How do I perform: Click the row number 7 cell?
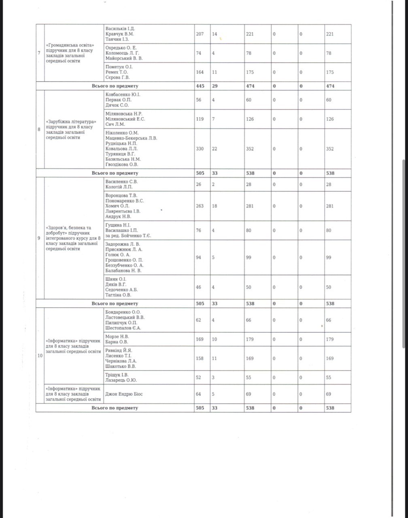pos(39,53)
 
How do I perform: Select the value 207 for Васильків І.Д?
pos(200,34)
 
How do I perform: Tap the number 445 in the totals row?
pos(200,86)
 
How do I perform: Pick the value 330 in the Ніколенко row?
pos(200,149)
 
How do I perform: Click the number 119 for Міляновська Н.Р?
pos(200,119)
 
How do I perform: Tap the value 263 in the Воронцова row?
pos(200,206)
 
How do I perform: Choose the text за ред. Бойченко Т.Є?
pos(128,236)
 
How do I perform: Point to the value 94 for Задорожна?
pos(198,257)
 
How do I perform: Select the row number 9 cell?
pos(39,238)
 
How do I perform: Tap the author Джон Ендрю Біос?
pos(123,394)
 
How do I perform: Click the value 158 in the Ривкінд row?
pos(200,358)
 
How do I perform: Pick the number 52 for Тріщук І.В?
pos(198,377)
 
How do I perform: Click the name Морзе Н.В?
pos(117,336)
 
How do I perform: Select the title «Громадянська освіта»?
pos(72,45)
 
